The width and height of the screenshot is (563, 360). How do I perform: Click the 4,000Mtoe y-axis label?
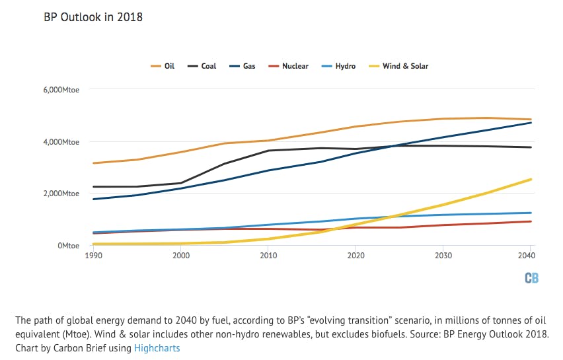pos(62,142)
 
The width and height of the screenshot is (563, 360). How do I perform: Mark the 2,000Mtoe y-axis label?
pos(62,194)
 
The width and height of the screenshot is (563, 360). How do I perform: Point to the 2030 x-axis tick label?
pos(442,255)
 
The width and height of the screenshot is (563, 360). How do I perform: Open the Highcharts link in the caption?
pos(157,347)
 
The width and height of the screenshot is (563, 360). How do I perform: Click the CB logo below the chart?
pos(531,278)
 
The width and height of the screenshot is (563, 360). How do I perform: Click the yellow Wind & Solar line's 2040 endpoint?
pos(531,179)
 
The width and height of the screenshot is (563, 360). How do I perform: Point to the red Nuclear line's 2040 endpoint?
pos(531,221)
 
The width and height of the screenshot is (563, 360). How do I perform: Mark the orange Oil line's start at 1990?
pos(93,163)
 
